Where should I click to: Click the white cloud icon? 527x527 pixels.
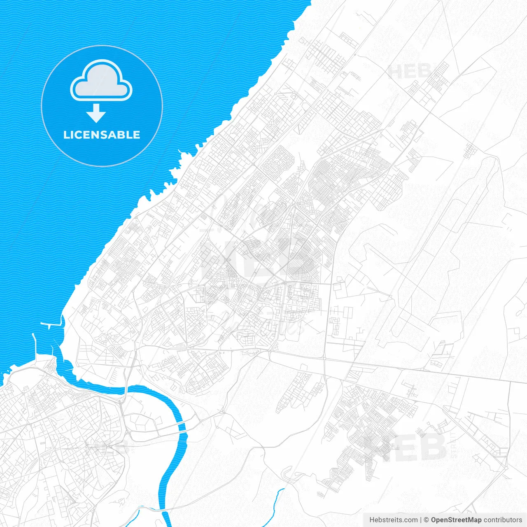point(101,81)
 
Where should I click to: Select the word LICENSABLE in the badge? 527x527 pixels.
point(102,135)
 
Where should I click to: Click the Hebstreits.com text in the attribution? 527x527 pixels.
point(393,520)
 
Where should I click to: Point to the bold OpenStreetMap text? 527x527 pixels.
point(456,520)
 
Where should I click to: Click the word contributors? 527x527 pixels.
point(503,520)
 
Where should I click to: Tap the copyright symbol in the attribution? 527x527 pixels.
point(427,520)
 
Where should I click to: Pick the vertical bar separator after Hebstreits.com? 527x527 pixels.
point(421,520)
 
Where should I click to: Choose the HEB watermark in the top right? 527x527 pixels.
point(410,72)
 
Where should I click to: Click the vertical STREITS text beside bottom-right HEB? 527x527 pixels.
point(454,445)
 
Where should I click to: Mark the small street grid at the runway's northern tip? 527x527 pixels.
point(470,150)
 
